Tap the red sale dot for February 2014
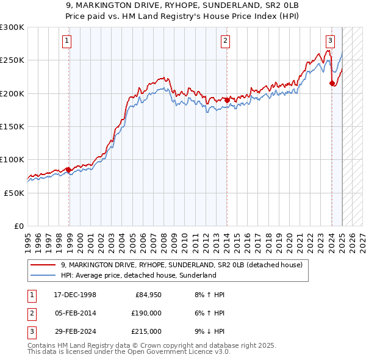(x=226, y=100)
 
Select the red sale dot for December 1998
(x=68, y=170)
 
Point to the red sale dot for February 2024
(x=332, y=84)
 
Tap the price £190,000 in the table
(x=146, y=314)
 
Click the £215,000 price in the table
(x=146, y=331)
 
